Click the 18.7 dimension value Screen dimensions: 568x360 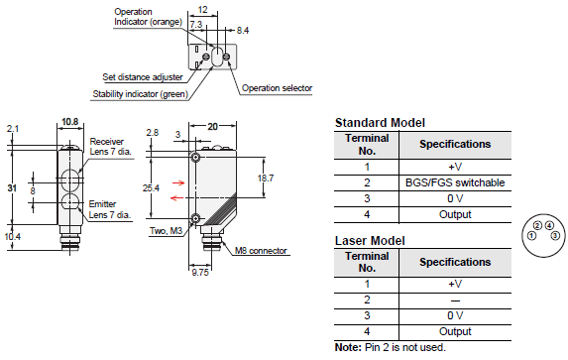[266, 178]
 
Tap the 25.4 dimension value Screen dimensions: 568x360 [151, 187]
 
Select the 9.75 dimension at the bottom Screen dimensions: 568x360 [200, 273]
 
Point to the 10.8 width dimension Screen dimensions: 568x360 [70, 122]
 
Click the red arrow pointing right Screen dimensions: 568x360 [178, 182]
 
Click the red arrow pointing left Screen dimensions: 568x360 [176, 198]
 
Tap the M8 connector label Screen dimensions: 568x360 [261, 251]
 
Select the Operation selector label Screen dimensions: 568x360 [278, 88]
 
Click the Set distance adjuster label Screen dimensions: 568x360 [143, 77]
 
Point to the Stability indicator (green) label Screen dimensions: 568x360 [141, 94]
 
